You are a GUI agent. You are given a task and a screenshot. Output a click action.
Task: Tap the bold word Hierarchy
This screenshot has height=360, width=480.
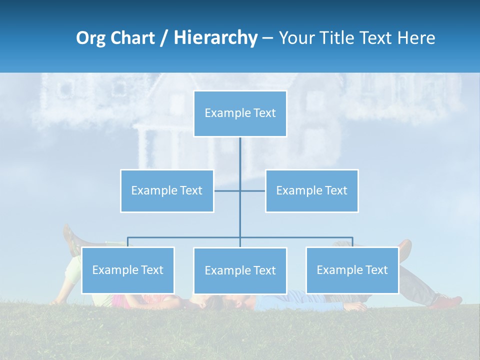[x=215, y=38]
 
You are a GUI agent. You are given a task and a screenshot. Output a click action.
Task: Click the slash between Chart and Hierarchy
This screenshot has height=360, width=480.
[x=163, y=38]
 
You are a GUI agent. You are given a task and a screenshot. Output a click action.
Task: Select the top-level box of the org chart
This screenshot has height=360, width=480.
[x=240, y=113]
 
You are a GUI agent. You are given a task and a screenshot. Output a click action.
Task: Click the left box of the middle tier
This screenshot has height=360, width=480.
[x=167, y=190]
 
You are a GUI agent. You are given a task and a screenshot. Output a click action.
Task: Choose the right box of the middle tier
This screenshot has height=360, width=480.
[x=311, y=190]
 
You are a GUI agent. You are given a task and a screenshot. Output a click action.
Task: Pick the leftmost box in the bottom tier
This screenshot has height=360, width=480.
[x=127, y=270]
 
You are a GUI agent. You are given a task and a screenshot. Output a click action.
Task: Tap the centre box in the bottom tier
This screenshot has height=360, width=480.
[x=240, y=270]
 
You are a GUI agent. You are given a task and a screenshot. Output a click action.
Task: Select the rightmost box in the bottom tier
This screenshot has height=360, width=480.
[x=352, y=270]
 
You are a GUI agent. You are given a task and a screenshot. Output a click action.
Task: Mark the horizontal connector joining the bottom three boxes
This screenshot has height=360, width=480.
[x=185, y=237]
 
